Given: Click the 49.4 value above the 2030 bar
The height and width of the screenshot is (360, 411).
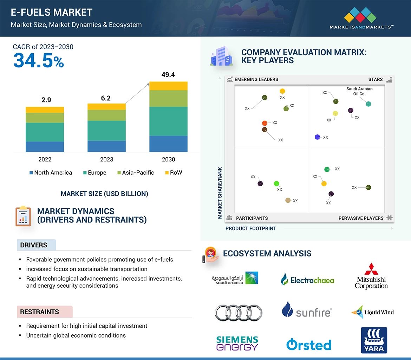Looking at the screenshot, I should point(168,75).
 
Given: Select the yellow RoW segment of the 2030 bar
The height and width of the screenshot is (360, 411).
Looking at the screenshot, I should point(168,86).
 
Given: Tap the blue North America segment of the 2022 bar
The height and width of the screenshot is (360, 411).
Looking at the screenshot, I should point(45,147).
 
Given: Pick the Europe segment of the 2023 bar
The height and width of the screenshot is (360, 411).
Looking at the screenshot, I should point(106,131).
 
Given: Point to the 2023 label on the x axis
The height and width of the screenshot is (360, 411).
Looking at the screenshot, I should point(106,159).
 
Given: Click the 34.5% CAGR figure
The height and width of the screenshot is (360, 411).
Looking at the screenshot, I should point(39,61).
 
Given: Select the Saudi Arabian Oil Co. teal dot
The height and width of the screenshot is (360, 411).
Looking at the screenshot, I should point(368,104).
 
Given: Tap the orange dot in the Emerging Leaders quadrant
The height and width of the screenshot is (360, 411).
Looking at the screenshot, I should point(265,123).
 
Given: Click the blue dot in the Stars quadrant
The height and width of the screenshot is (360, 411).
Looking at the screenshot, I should point(318,137).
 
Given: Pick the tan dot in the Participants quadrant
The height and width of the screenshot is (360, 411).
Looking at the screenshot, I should point(288,200).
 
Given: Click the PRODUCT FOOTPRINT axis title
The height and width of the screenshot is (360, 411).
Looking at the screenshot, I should point(251,228).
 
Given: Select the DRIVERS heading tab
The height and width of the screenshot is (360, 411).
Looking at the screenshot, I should point(34,245).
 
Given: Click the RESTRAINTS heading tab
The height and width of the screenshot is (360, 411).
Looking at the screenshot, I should point(40,312).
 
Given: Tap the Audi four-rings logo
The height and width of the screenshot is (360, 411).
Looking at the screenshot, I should point(239,312).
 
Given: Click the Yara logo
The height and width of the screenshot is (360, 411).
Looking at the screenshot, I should point(374,340).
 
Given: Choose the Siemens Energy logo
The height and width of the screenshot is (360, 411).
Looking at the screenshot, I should point(237,343).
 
